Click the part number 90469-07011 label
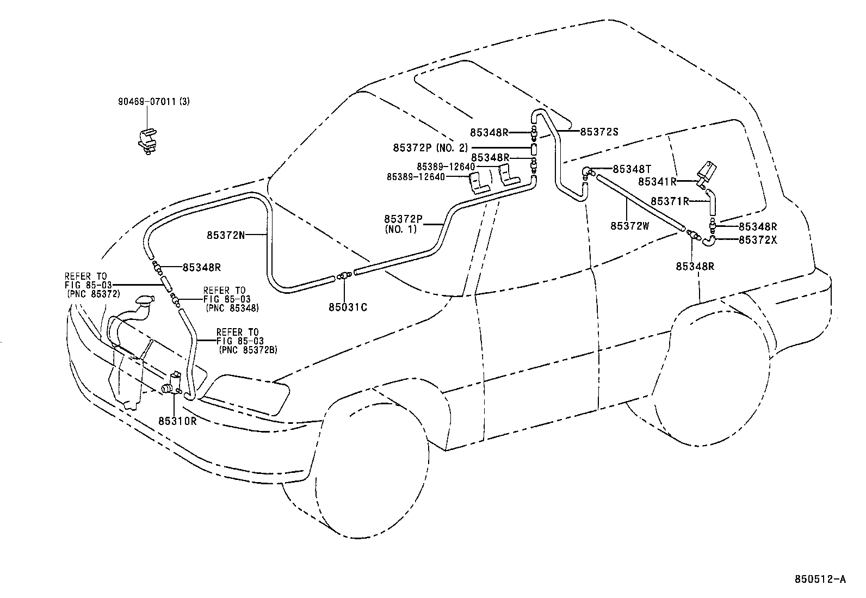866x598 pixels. coord(146,101)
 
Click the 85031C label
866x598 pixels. coord(348,307)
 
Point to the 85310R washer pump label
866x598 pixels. coord(177,421)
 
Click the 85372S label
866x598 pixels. coord(599,132)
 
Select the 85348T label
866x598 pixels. coord(632,169)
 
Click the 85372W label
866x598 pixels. coord(630,226)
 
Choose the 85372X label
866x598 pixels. coord(758,239)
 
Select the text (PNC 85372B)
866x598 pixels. coord(248,350)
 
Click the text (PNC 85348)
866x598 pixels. coord(232,307)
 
